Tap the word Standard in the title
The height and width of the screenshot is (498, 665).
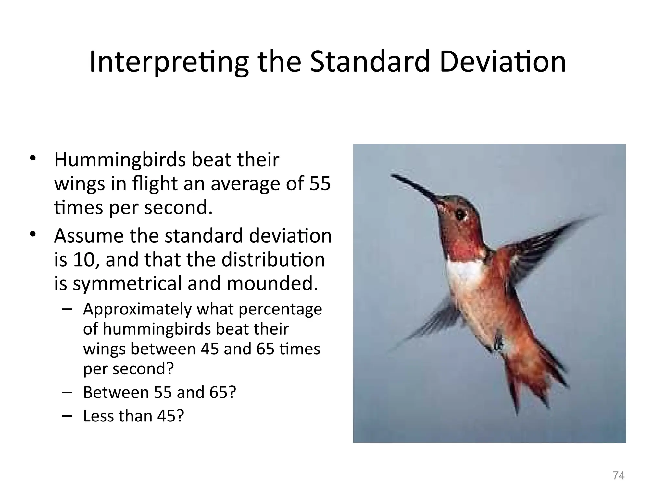pos(370,62)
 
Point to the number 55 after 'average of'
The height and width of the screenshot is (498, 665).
pos(320,184)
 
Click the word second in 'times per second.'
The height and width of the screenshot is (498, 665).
pos(178,207)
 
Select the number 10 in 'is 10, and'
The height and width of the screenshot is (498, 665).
pos(83,260)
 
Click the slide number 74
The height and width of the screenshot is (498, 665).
pos(619,476)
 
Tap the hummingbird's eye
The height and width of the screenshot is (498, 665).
pos(460,215)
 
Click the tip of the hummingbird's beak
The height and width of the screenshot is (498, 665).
pos(393,176)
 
